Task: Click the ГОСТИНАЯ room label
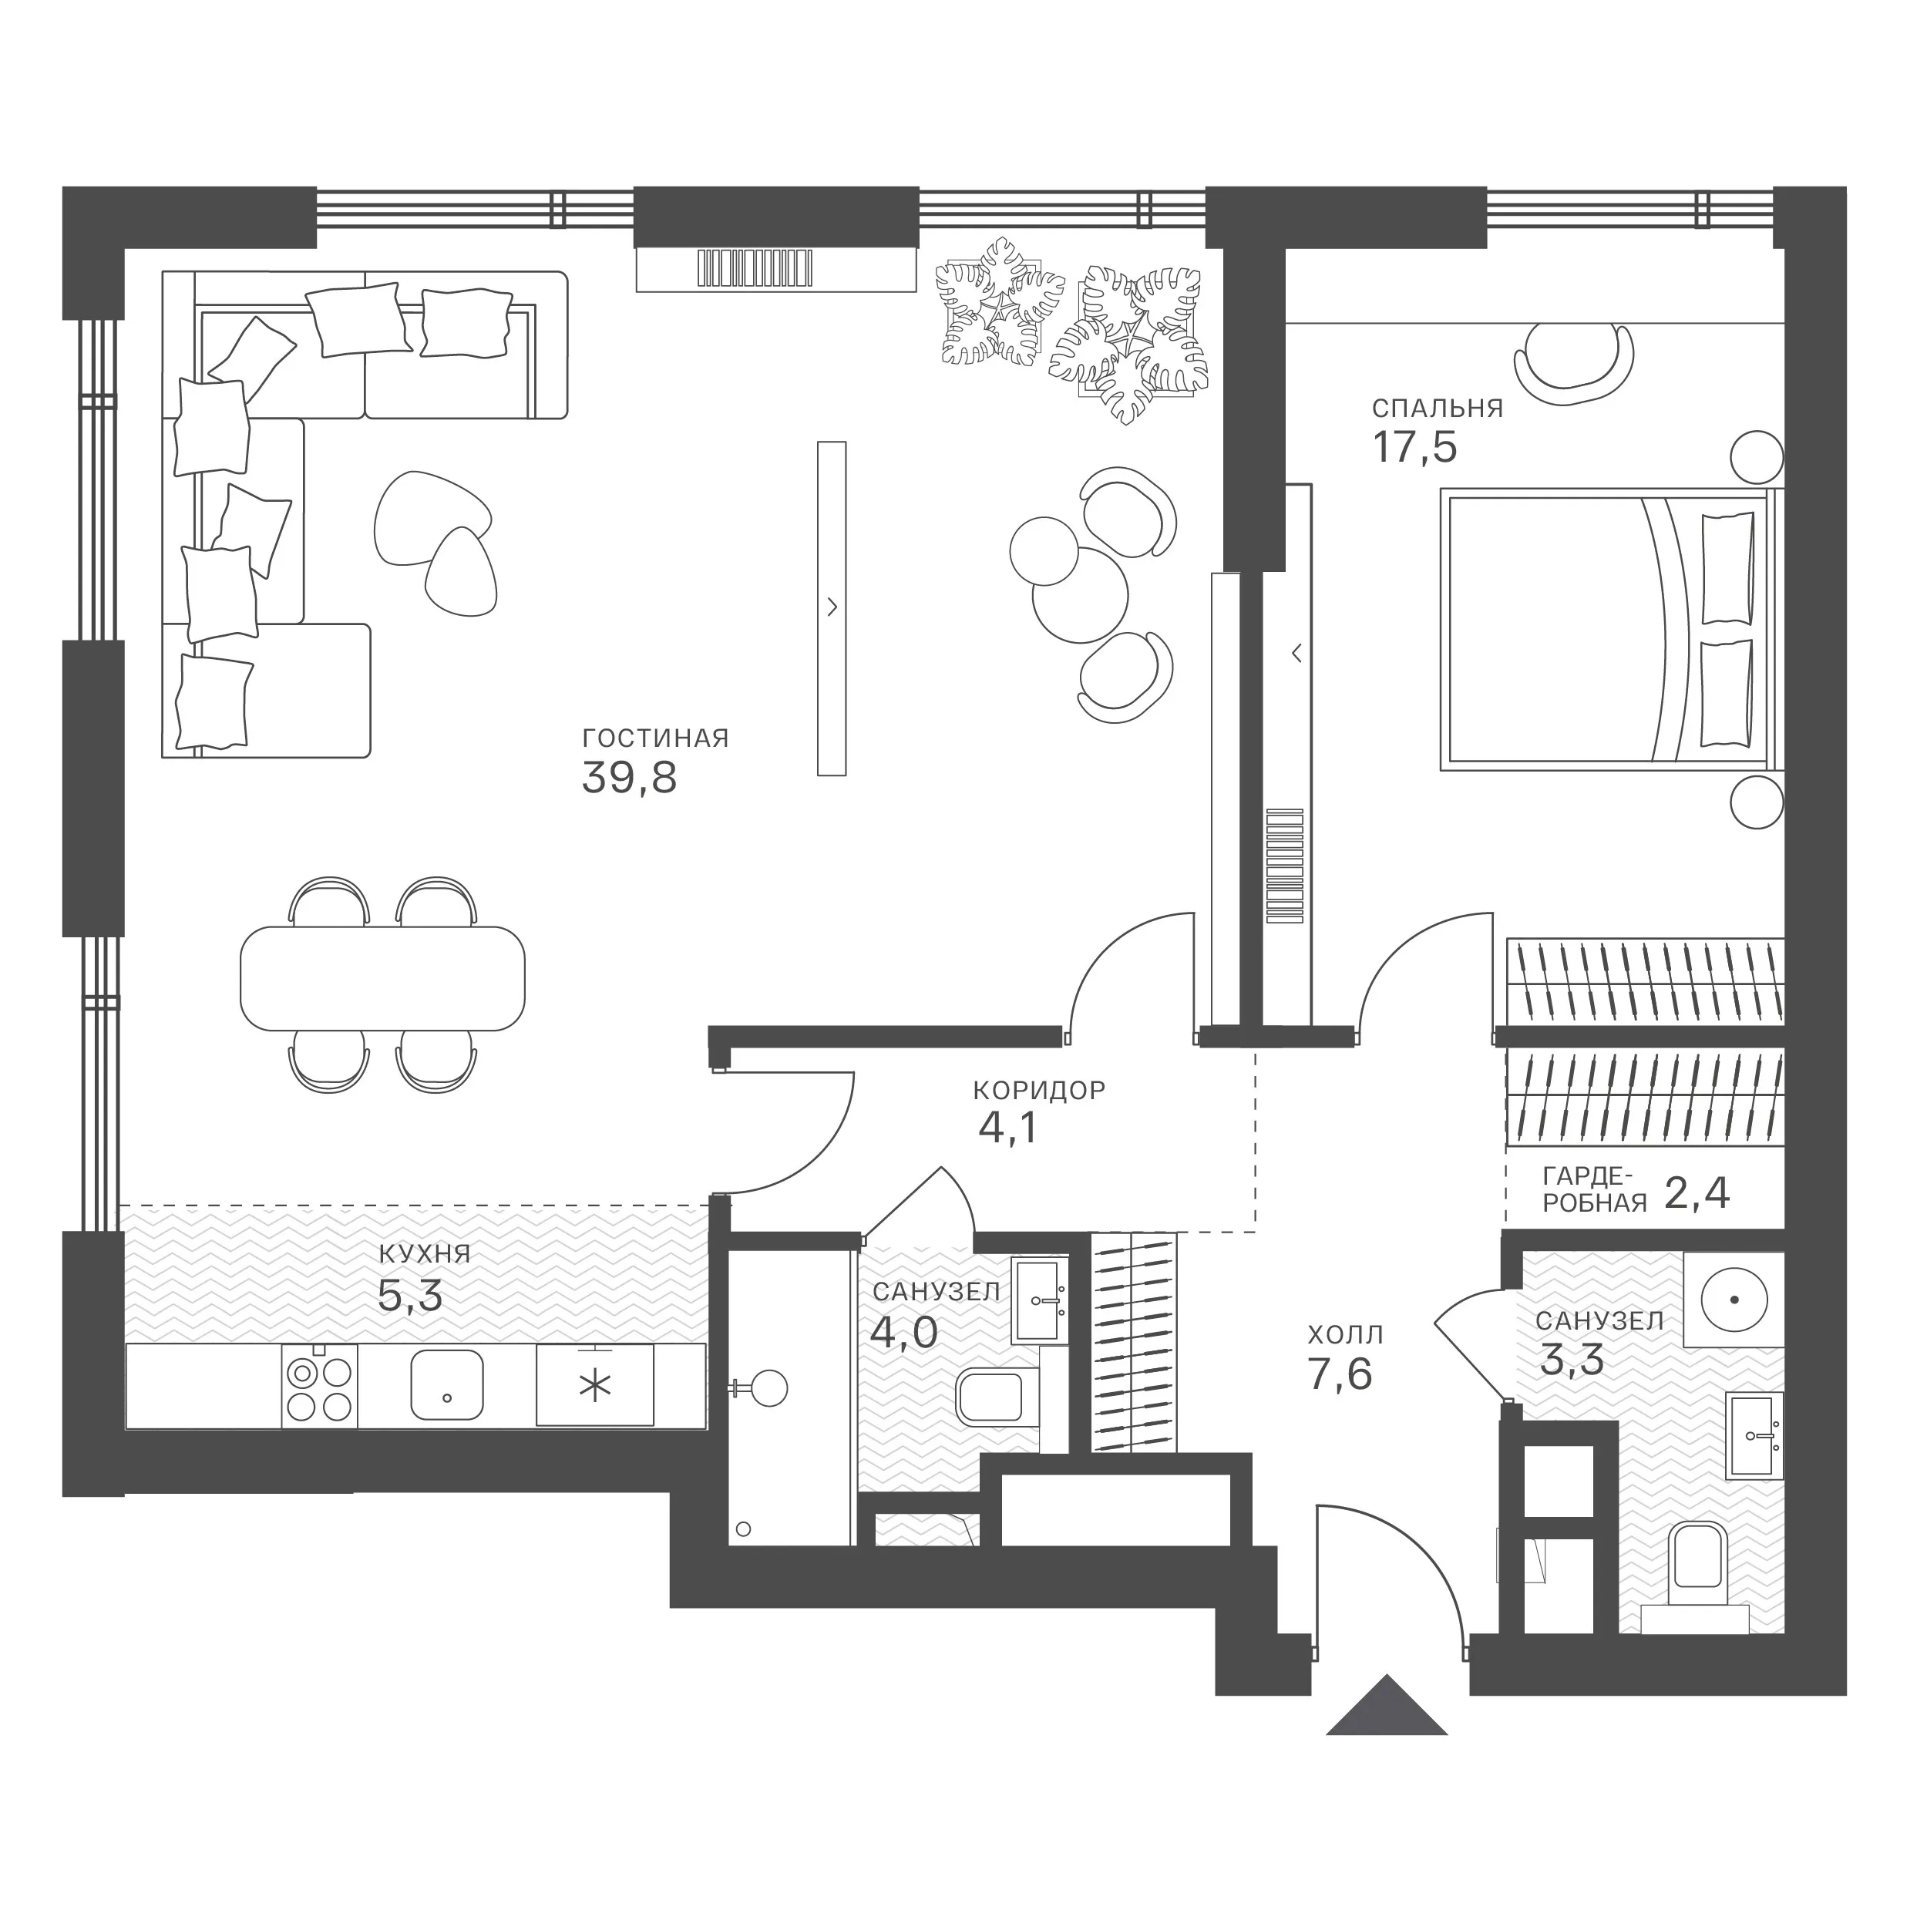pyautogui.click(x=655, y=738)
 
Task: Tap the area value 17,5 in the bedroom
pyautogui.click(x=1415, y=448)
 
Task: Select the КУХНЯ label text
pyautogui.click(x=425, y=1254)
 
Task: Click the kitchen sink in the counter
pyautogui.click(x=447, y=1384)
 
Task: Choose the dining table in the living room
pyautogui.click(x=383, y=978)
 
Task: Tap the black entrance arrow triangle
pyautogui.click(x=1387, y=1706)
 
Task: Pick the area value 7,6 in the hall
pyautogui.click(x=1340, y=1375)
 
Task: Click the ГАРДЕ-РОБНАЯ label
pyautogui.click(x=1595, y=1189)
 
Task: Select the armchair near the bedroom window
pyautogui.click(x=1575, y=364)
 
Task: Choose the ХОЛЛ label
pyautogui.click(x=1346, y=1334)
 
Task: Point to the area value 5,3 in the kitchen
pyautogui.click(x=410, y=1296)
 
